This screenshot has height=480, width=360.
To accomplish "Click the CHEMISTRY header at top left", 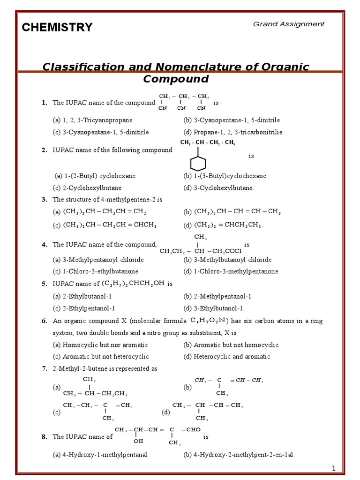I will coord(57,28).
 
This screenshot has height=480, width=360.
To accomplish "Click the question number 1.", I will coord(44,103).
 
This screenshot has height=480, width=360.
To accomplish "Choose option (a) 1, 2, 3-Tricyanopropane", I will coord(92,120).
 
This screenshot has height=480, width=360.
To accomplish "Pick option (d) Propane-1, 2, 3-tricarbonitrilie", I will coord(233,132).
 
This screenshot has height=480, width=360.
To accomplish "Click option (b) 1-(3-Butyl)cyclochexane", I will coord(225,176).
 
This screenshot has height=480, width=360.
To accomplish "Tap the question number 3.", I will coord(44,200).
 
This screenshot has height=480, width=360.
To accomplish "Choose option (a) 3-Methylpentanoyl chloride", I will coord(98,260).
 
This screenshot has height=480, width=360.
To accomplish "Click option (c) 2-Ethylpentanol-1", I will coord(83,308).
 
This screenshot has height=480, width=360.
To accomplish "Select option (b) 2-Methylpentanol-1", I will coord(217,297).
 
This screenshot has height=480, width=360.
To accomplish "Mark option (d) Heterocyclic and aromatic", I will coord(227,357).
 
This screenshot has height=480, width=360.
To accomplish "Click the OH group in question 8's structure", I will coord(138,441).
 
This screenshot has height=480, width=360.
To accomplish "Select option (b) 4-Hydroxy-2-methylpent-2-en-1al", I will coord(238,455).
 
